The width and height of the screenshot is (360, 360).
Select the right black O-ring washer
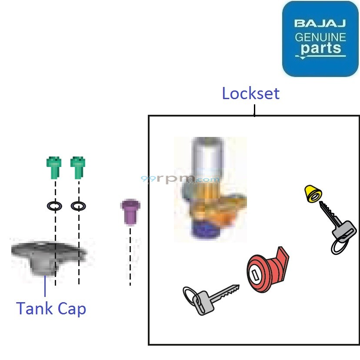click(x=78, y=205)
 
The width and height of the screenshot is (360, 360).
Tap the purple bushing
click(x=129, y=211)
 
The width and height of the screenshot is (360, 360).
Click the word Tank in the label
click(x=36, y=309)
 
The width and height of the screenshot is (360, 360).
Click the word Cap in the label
click(x=72, y=310)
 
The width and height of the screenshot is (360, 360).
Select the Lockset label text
click(x=250, y=93)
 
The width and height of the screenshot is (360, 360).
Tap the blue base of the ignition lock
click(x=203, y=230)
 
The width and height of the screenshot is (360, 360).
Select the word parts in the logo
click(x=320, y=47)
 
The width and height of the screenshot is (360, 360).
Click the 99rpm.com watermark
click(x=181, y=179)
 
